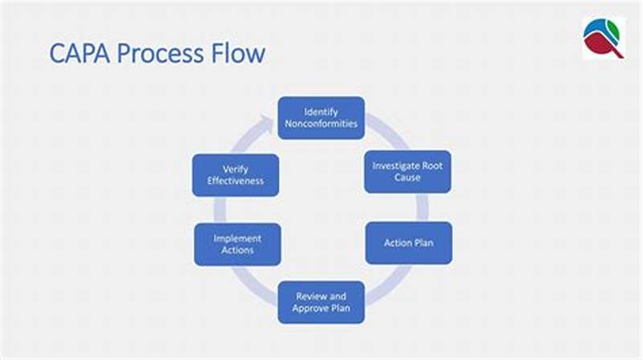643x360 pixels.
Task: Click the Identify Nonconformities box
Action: (321, 117)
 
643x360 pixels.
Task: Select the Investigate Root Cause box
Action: (408, 171)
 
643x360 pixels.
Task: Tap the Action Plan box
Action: (408, 243)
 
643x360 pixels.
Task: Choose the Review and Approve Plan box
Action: (321, 302)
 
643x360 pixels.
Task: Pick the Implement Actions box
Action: (237, 244)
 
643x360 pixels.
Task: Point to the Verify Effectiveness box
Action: (235, 175)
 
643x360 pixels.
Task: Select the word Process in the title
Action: (161, 55)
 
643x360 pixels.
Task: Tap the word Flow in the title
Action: (236, 55)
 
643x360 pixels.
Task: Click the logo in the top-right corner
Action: (604, 38)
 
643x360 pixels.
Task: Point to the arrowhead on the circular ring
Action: (268, 122)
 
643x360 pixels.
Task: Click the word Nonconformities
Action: (321, 124)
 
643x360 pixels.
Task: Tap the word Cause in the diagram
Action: (408, 178)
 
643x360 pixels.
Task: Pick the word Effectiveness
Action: (235, 181)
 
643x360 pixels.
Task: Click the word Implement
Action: (237, 239)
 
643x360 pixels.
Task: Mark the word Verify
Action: (235, 169)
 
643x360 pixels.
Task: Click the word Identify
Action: (321, 111)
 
